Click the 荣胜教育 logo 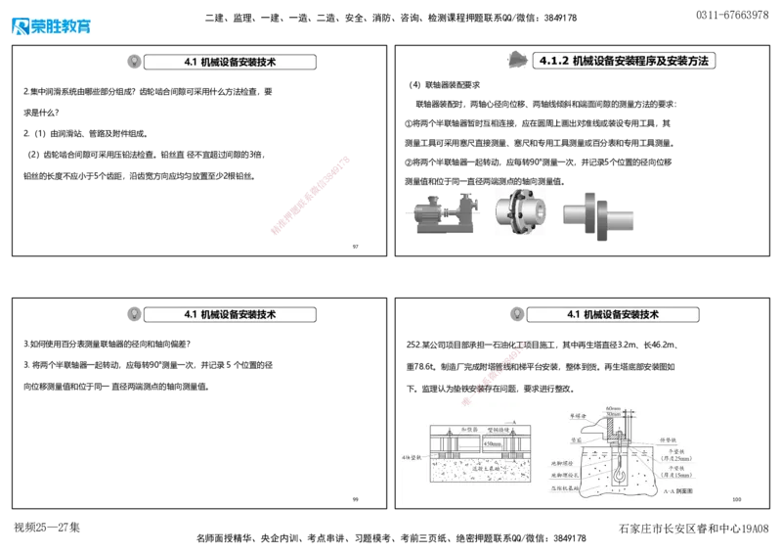[51, 24]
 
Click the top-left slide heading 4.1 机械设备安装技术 [230, 62]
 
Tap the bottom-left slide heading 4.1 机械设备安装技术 [230, 314]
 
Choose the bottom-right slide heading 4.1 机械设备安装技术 [613, 314]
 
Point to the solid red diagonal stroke [310, 195]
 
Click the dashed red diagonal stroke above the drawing [495, 372]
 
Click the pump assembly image [444, 213]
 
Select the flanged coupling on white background [518, 212]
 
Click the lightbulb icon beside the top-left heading [134, 62]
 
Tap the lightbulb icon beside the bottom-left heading [134, 314]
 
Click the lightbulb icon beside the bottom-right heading [516, 314]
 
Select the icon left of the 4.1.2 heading [518, 61]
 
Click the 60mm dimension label [613, 408]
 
